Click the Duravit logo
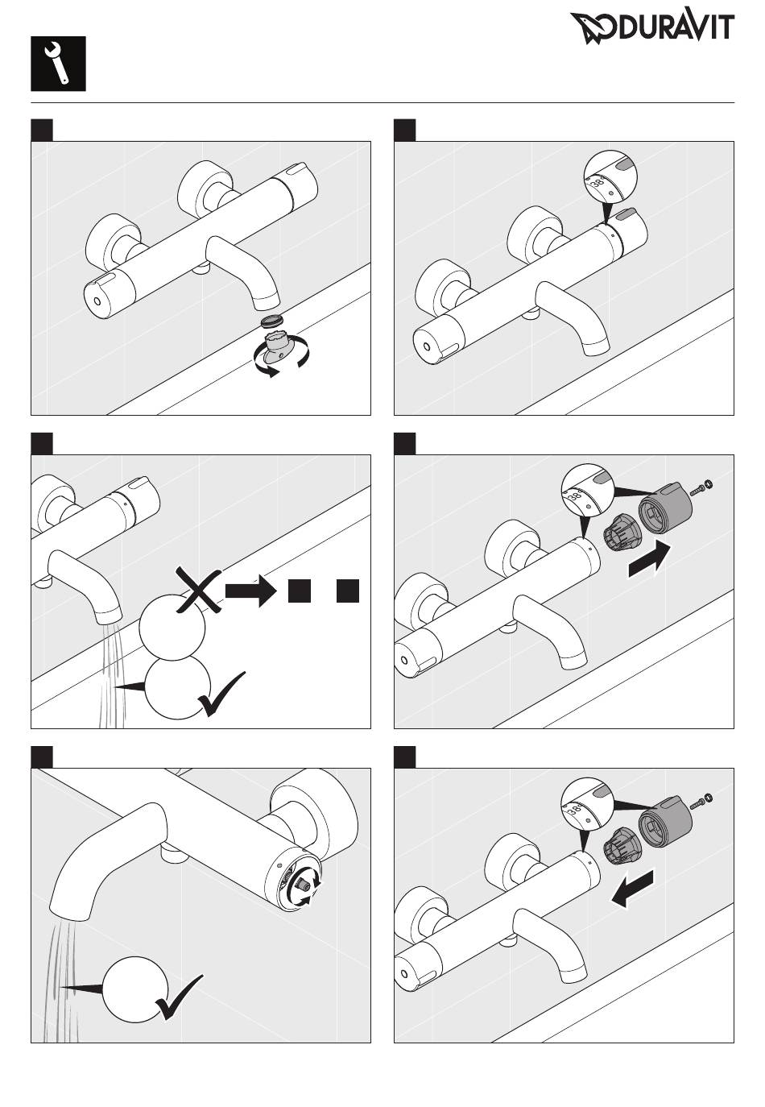pyautogui.click(x=652, y=27)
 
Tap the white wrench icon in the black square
pyautogui.click(x=57, y=64)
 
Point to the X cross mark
pyautogui.click(x=198, y=590)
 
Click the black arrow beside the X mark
pyautogui.click(x=250, y=591)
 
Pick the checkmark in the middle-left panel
pyautogui.click(x=221, y=694)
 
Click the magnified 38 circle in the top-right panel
pyautogui.click(x=610, y=177)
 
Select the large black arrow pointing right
pyautogui.click(x=649, y=560)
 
